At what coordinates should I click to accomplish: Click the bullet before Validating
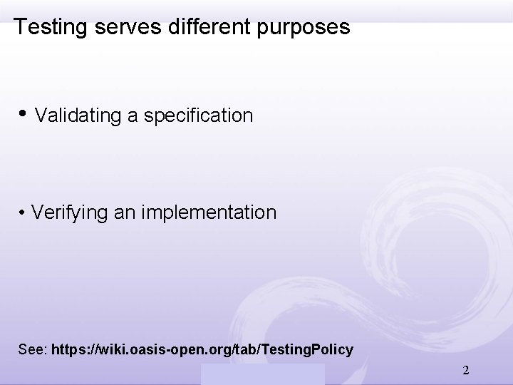coord(23,115)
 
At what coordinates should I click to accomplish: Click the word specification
coord(198,115)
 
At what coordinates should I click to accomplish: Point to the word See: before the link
coord(33,350)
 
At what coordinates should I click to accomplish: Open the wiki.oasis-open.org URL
coord(202,350)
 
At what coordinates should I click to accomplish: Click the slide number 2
coord(465,371)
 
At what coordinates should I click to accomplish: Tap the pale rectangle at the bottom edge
coord(261,374)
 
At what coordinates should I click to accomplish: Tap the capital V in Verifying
coord(37,212)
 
